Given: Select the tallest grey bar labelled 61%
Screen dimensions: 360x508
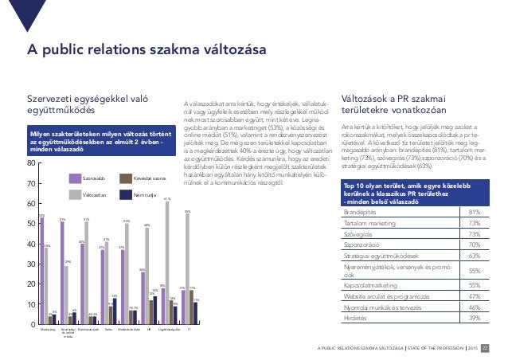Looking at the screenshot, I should pos(167,263).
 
